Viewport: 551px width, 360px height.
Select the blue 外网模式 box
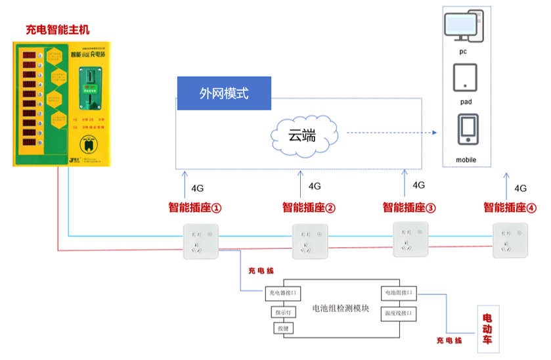[x=224, y=93]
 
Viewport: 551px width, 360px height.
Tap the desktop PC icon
[x=463, y=26]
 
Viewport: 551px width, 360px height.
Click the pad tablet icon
[x=465, y=78]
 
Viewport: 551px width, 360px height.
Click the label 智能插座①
[x=194, y=208]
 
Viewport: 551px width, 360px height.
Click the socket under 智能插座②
[x=310, y=240]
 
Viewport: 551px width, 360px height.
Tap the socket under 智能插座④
[x=510, y=240]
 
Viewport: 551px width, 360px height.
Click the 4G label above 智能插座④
[x=521, y=189]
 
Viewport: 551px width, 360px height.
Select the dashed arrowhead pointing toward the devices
[x=434, y=133]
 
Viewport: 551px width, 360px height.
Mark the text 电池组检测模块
[x=340, y=309]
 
